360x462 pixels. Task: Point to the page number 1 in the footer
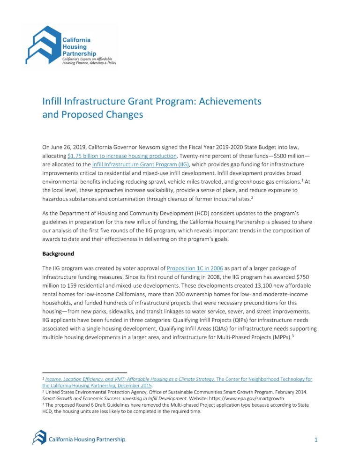click(x=316, y=440)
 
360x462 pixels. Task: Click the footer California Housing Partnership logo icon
click(x=39, y=438)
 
